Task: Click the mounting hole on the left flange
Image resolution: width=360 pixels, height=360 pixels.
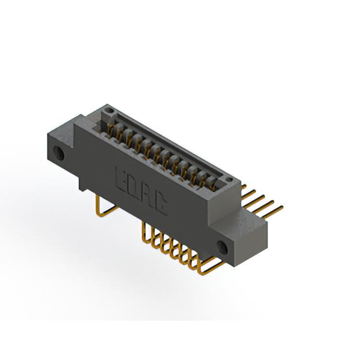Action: [x=58, y=152]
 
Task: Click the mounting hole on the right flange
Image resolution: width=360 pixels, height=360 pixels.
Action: [x=223, y=247]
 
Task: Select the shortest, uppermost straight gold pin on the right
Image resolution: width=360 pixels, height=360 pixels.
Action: [x=244, y=187]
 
